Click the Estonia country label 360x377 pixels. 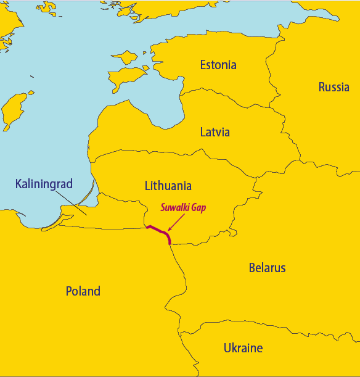pos(218,65)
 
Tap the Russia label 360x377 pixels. pos(333,87)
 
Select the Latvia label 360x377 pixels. pos(215,132)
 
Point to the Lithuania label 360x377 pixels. pos(168,185)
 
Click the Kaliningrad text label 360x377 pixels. pos(44,183)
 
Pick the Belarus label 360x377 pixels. pos(267,268)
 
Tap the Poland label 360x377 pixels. pos(83,291)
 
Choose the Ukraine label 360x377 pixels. pos(243,348)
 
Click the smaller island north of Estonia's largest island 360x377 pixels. pos(128,57)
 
